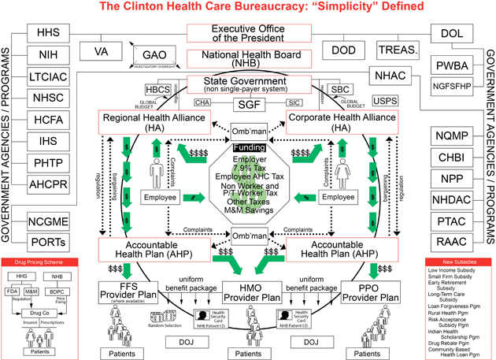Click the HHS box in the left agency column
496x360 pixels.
pos(54,34)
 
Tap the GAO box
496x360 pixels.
pos(153,56)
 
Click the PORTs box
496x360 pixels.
pos(53,241)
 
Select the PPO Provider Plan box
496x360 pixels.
pos(369,291)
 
